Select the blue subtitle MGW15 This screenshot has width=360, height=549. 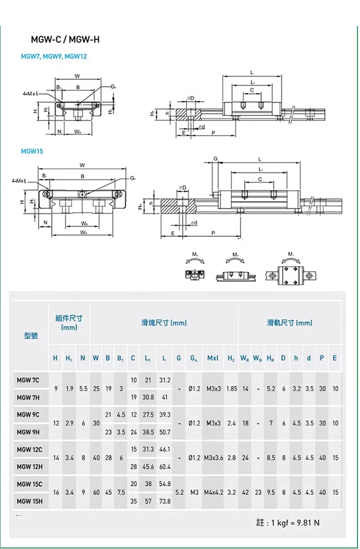click(32, 151)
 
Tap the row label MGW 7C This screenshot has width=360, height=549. click(27, 380)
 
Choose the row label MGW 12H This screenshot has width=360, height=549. click(29, 466)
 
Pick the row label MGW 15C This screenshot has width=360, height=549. click(29, 484)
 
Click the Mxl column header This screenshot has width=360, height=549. click(213, 358)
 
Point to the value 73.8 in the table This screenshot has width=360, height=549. click(165, 501)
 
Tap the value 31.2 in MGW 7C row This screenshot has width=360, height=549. click(165, 380)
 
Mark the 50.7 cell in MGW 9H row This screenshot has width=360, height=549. click(165, 432)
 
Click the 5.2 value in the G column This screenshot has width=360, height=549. click(179, 493)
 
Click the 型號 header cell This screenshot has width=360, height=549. click(31, 336)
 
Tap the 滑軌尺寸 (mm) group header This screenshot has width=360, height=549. click(289, 323)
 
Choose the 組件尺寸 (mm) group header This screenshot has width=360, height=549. click(69, 323)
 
